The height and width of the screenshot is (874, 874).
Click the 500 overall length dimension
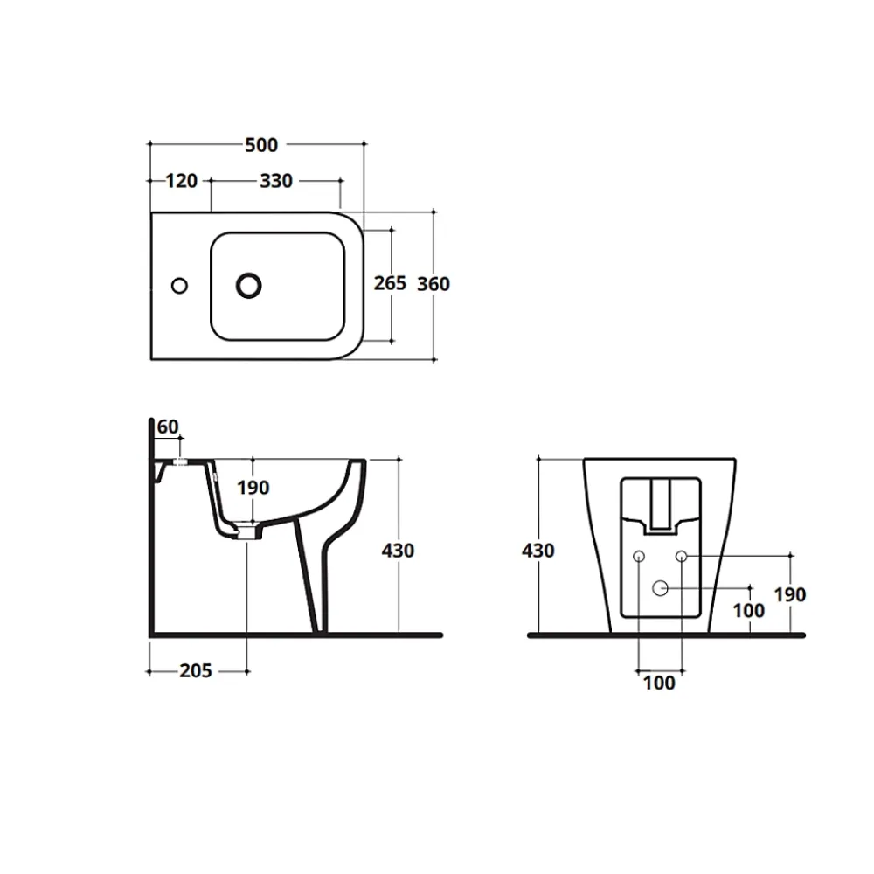coord(261,145)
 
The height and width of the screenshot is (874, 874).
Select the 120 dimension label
coord(182,181)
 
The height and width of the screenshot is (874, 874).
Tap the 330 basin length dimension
coord(276,181)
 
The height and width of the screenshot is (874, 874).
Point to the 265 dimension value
coord(390,283)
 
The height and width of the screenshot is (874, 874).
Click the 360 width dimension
coord(434,284)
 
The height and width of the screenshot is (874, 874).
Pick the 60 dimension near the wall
coord(168,427)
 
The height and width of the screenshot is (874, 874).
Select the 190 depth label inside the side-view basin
coord(253,488)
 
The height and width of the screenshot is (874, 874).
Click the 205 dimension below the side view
coord(196,670)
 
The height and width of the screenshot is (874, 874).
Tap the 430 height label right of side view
coord(398,551)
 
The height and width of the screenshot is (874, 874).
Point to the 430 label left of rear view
coord(538,551)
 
